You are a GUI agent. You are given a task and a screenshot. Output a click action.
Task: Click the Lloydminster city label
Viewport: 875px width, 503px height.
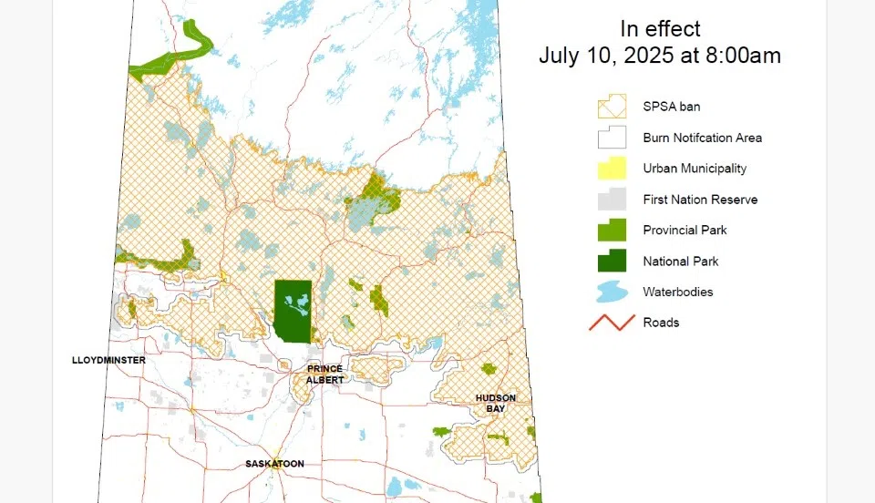(x=108, y=361)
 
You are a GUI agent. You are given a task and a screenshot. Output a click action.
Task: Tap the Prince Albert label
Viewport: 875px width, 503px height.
(x=324, y=374)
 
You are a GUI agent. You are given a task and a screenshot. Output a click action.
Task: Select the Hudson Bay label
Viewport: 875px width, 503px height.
(x=495, y=403)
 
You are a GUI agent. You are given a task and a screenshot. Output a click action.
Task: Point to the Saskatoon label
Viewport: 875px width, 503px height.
(x=274, y=464)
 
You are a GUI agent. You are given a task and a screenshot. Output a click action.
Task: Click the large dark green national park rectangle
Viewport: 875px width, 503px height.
(x=293, y=311)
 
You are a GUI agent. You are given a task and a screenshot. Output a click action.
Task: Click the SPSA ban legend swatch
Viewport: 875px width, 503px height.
(x=612, y=107)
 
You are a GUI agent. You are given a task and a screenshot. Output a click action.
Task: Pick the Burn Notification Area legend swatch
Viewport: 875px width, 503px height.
(x=612, y=138)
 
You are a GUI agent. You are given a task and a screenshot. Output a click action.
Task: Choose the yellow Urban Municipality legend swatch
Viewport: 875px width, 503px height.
(x=612, y=169)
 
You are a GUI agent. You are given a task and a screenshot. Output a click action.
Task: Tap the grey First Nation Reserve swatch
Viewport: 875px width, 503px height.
(x=612, y=200)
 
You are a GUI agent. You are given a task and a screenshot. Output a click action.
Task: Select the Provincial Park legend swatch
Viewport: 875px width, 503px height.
(x=612, y=231)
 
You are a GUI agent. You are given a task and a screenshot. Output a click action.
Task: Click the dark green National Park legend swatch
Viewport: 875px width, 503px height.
(x=612, y=262)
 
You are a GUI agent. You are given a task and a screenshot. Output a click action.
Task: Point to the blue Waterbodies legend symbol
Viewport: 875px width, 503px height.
(x=612, y=293)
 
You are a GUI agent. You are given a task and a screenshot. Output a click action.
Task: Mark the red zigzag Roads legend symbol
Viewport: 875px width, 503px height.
(x=612, y=323)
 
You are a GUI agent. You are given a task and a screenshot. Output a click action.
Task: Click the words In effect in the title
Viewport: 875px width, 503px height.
(x=660, y=29)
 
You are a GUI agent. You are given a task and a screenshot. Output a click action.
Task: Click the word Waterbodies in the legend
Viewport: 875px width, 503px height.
(x=677, y=293)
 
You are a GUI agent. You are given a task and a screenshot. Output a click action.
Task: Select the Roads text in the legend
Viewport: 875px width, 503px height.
(x=661, y=323)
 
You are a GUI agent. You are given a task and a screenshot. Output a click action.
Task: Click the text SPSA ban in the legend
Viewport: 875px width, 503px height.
(x=671, y=107)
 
